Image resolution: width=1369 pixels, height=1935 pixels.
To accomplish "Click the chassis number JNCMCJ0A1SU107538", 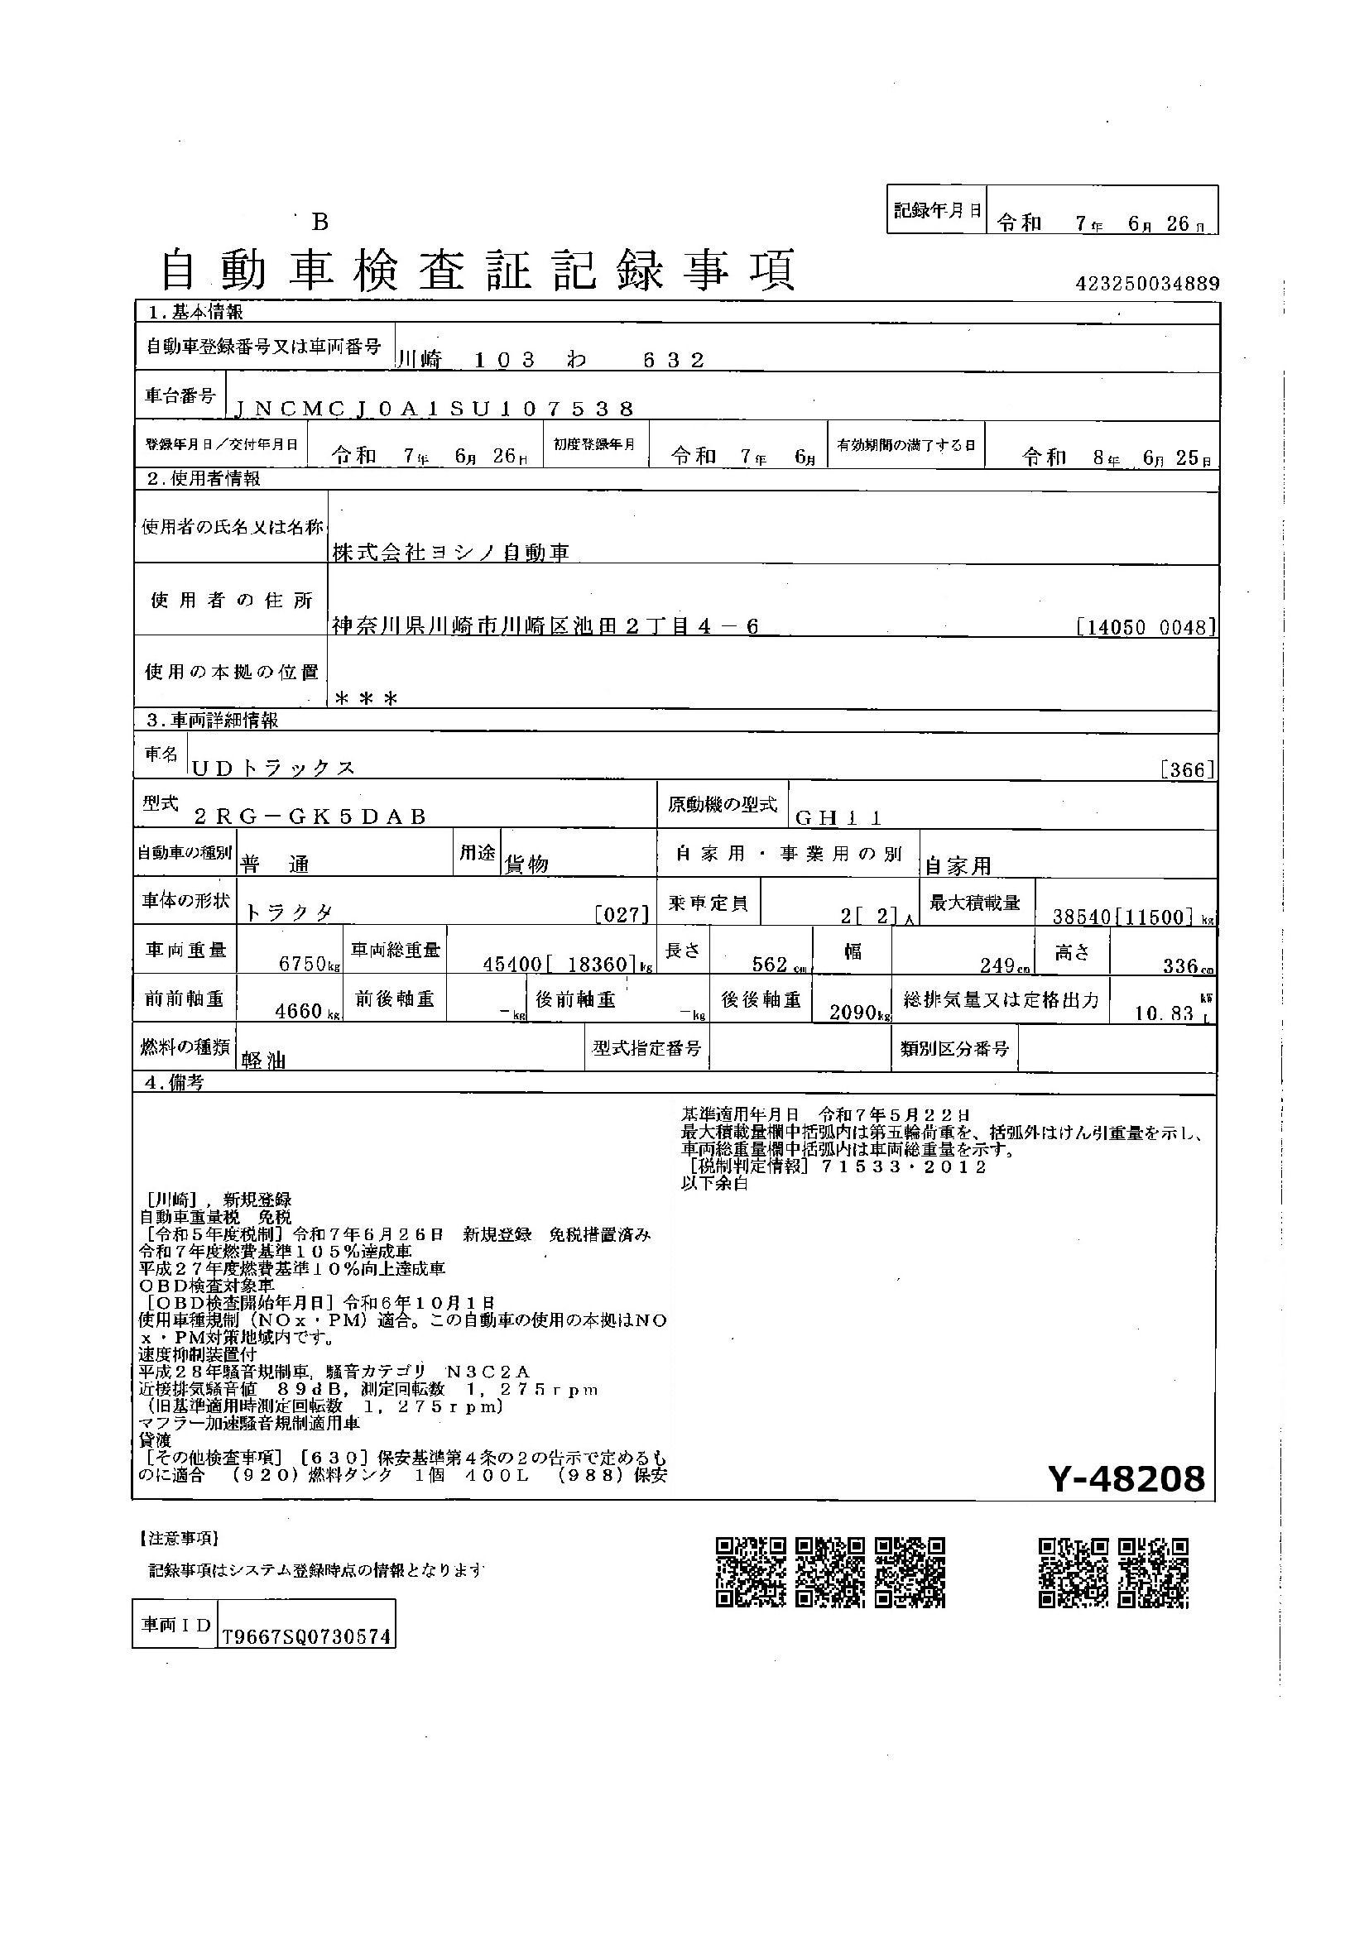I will click(432, 410).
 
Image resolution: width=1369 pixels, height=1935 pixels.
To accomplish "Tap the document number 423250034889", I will click(1147, 284).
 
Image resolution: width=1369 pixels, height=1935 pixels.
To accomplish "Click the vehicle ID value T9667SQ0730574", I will click(306, 1636).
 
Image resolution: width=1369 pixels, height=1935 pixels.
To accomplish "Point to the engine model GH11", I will click(838, 817).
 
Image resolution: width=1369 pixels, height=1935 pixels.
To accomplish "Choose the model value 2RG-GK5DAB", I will click(310, 817).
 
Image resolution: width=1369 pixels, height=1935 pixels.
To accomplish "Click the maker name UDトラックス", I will click(274, 769).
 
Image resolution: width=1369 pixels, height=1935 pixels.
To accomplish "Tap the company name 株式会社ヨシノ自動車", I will click(451, 553).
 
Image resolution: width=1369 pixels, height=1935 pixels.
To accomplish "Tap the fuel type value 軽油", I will click(264, 1061).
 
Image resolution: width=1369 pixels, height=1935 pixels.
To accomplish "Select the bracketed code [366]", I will click(1187, 769).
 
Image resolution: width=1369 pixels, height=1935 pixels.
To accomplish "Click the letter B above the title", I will click(319, 223).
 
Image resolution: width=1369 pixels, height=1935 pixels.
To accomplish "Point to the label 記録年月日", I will click(938, 211).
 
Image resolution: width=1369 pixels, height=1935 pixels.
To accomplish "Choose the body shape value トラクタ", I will click(289, 913).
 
